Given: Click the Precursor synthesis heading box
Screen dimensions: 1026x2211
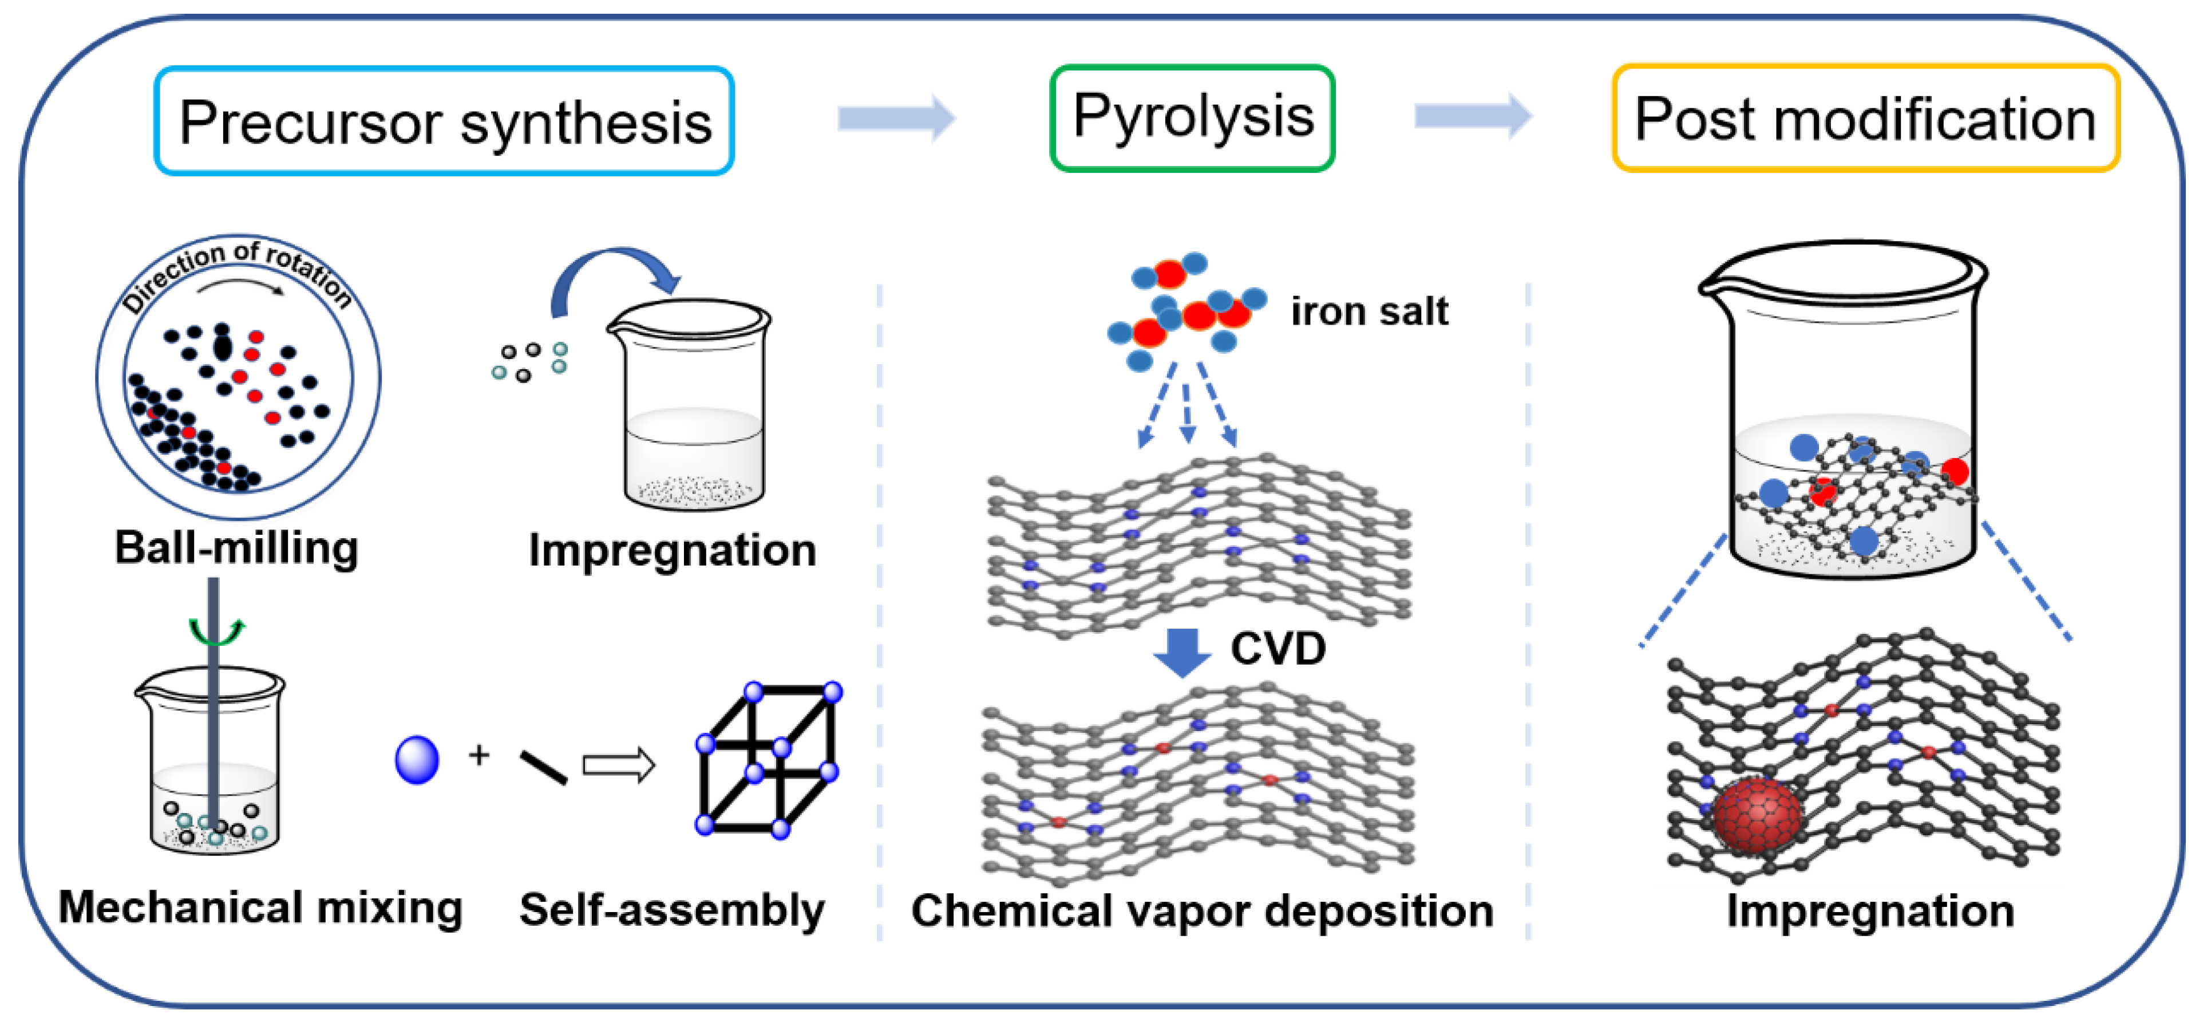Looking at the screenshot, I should coord(444,121).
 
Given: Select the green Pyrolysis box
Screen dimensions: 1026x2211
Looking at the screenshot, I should coord(1192,117).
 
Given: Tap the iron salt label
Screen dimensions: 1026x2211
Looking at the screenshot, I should coord(1369,311).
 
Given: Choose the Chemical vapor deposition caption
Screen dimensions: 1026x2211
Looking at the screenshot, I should coord(1201,911).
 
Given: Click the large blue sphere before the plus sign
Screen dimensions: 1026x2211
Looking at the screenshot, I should coord(417,760).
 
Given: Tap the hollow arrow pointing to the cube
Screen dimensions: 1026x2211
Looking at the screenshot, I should coord(619,764).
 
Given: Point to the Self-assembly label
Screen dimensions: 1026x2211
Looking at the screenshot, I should coord(671,910).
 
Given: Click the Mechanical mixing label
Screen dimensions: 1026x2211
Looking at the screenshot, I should coord(260,907).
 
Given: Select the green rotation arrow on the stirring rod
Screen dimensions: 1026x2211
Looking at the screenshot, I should coord(216,632).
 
